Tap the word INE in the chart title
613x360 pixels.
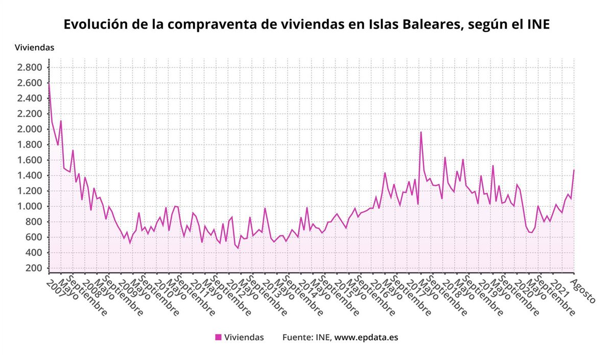[x=536, y=25]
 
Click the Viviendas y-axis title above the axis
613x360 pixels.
[x=34, y=47]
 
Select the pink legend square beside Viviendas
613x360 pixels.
[x=218, y=337]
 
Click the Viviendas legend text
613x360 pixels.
[x=244, y=337]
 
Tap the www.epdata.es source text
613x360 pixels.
[x=366, y=337]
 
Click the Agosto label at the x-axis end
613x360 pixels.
[x=583, y=291]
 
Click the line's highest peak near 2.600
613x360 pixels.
[x=49, y=83]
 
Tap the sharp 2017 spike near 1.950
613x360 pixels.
[x=421, y=132]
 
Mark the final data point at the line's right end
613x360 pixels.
[x=574, y=170]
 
